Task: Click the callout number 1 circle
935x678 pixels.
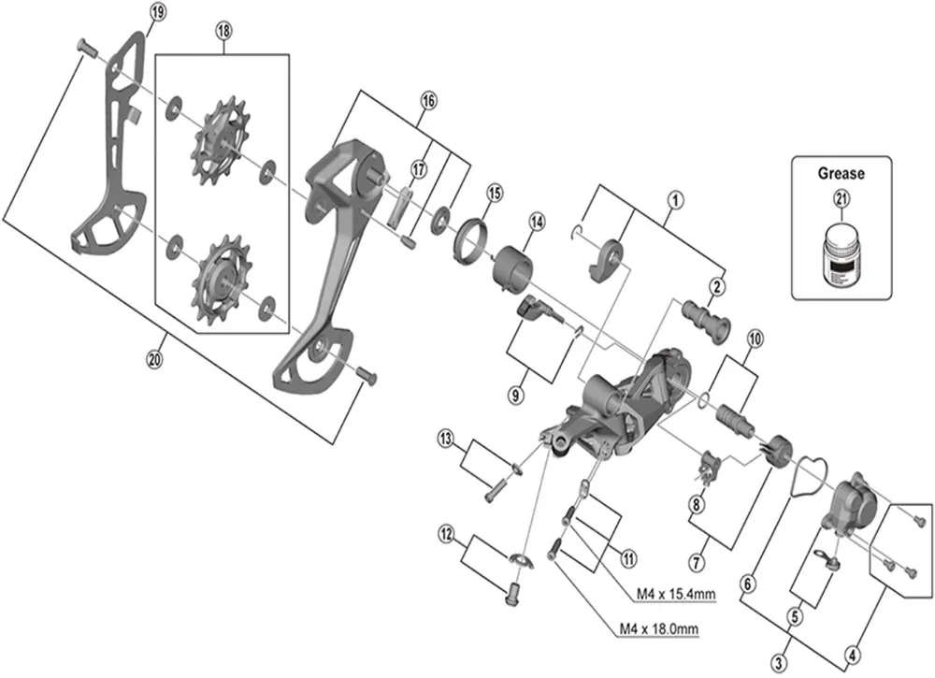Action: coord(672,198)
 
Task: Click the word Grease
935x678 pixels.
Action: coord(841,173)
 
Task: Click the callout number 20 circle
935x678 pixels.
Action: coord(155,356)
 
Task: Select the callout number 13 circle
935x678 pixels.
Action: coord(447,438)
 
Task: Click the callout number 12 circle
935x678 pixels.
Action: coord(447,534)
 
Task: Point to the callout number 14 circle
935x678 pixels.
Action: coord(536,222)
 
